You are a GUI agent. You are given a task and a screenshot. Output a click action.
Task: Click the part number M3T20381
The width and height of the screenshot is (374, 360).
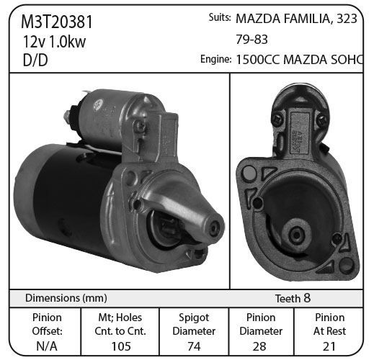[57, 22]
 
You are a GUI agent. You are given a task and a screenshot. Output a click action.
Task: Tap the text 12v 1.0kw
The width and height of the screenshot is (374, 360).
[54, 41]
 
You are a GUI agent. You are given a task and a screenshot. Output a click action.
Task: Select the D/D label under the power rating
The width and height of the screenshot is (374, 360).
[35, 60]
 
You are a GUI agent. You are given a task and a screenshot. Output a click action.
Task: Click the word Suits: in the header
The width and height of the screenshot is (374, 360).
[220, 17]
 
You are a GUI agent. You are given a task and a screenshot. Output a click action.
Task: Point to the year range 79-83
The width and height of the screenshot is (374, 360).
[251, 40]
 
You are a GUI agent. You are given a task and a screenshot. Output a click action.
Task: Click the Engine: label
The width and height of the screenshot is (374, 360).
[216, 59]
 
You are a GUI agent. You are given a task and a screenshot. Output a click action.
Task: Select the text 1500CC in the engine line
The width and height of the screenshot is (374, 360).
[258, 60]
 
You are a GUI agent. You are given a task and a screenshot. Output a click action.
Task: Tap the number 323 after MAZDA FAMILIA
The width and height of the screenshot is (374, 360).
[347, 19]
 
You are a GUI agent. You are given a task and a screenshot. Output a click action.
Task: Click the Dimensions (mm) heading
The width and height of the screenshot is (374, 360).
[66, 298]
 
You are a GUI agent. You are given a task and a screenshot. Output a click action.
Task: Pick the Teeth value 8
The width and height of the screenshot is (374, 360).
[307, 298]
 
